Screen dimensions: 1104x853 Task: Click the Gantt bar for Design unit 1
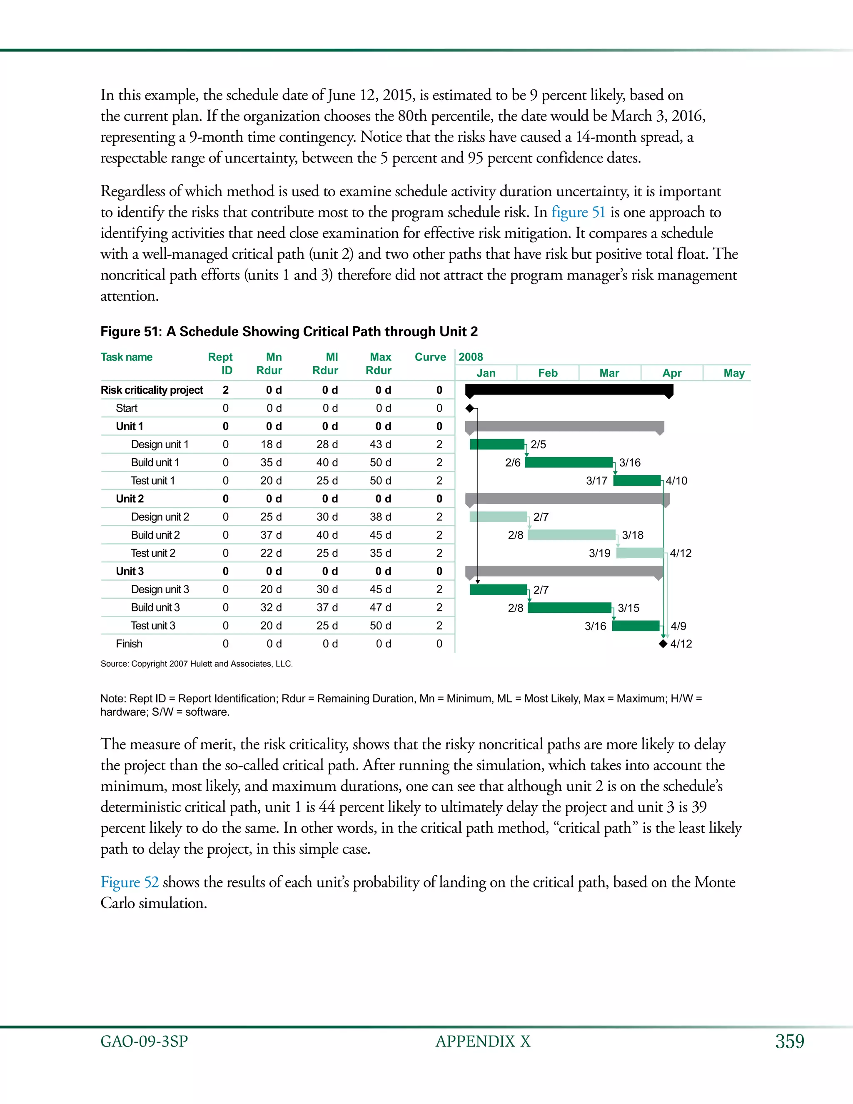point(497,445)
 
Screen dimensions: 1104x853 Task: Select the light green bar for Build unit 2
point(571,535)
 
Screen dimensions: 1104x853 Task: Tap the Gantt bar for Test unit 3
point(636,626)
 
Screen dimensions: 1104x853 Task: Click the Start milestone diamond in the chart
point(469,408)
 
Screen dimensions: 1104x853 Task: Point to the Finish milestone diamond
point(663,644)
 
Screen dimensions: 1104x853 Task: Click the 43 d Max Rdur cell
point(380,445)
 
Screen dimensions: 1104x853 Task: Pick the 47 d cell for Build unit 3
point(380,607)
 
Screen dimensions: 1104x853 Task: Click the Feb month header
point(548,373)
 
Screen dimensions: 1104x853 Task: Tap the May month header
point(734,373)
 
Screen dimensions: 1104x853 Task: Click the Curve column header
point(430,357)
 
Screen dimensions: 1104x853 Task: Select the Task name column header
point(126,357)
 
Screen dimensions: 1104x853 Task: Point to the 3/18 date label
point(633,535)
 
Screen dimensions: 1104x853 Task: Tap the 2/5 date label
point(538,445)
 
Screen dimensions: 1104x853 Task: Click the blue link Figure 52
point(130,882)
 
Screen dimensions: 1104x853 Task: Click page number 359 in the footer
point(789,1042)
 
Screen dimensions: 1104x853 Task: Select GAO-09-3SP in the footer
point(144,1042)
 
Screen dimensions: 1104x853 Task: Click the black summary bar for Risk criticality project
point(569,390)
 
